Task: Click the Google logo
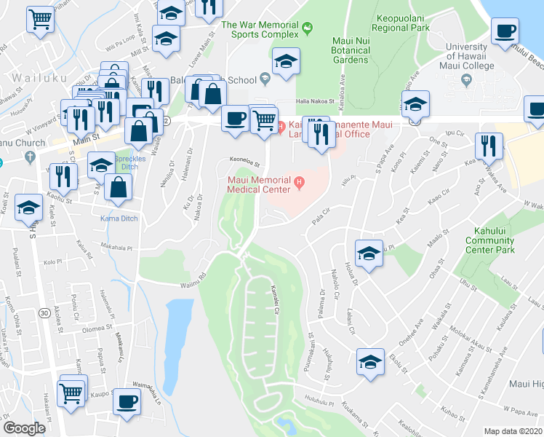point(24,428)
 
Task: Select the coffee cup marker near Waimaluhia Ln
point(127,401)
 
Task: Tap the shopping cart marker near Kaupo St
point(71,394)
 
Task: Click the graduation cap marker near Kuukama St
point(370,361)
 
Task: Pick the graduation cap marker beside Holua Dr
point(369,253)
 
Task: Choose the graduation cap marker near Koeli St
point(28,208)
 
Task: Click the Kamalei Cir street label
point(276,299)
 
